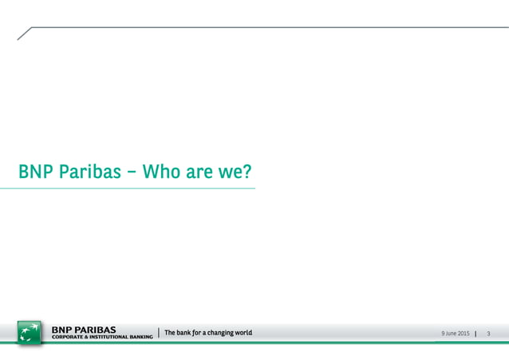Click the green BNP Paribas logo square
click(30, 332)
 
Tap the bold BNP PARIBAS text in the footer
click(84, 328)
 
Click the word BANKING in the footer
click(140, 337)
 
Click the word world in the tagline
click(243, 332)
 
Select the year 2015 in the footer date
click(463, 333)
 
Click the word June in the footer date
click(448, 333)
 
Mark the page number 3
click(487, 333)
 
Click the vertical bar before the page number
click(475, 333)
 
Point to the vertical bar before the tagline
click(159, 332)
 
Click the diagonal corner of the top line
click(24, 33)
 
